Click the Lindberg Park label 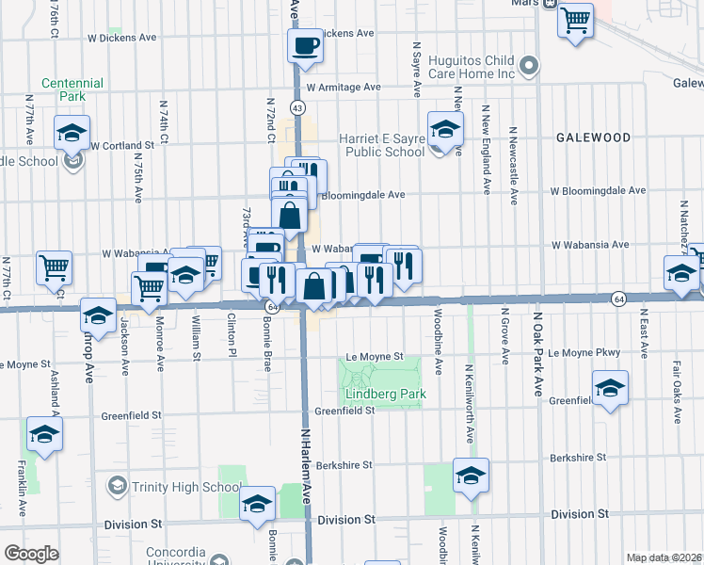tap(385, 394)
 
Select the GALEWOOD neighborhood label tap(592, 137)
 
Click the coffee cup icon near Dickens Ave tap(305, 45)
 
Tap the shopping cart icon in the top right tap(575, 19)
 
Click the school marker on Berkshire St tap(472, 476)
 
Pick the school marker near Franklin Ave tap(44, 435)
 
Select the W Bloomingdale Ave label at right tap(599, 190)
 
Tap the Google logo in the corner tap(31, 554)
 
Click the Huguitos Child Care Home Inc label tap(471, 66)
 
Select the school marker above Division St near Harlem tap(257, 504)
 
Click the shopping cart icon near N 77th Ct tap(54, 266)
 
